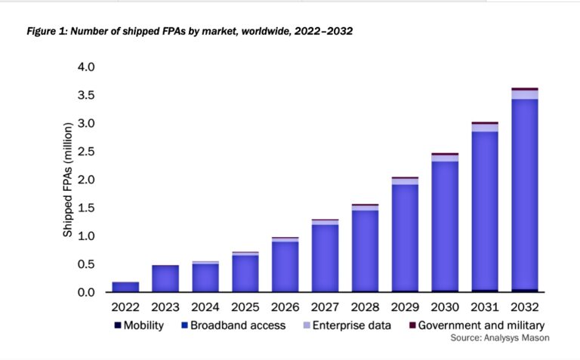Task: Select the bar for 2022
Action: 125,287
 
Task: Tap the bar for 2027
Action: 325,257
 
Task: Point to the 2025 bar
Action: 245,272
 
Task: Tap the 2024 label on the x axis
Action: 205,309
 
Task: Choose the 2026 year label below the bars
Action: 285,309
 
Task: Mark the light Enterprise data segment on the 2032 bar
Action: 524,94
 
